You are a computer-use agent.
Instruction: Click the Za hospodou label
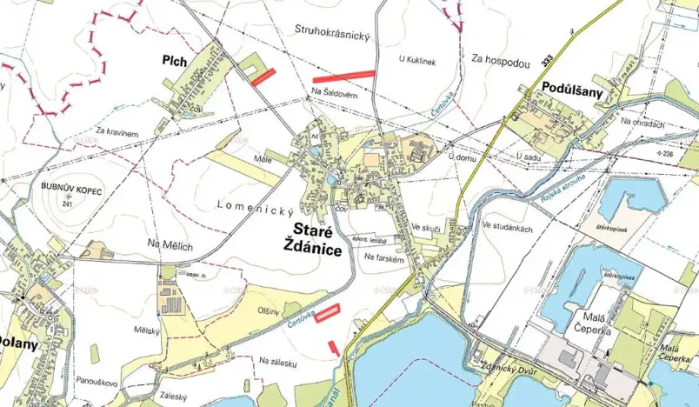point(501,62)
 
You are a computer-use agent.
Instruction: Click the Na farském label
point(384,257)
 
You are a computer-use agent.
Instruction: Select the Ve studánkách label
point(508,225)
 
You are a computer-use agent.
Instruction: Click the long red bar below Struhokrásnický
point(344,76)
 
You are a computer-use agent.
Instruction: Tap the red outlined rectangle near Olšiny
point(326,314)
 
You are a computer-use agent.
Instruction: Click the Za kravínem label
point(117,132)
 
